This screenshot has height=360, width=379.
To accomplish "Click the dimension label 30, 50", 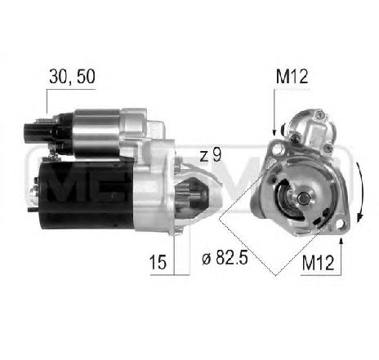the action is point(72,76).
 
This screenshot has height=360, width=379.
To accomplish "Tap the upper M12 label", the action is point(292,77).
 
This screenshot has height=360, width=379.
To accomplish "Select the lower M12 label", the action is point(318,263).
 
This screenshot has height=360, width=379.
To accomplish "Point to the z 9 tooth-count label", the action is point(211,155).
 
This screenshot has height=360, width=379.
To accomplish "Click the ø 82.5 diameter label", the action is point(225,258).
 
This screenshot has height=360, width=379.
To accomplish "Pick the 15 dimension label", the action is point(158,262).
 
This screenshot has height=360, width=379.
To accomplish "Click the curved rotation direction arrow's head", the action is point(360,217).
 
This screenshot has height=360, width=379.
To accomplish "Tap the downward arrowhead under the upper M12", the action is point(274,132).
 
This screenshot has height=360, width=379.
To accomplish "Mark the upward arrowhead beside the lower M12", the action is point(341,240).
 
